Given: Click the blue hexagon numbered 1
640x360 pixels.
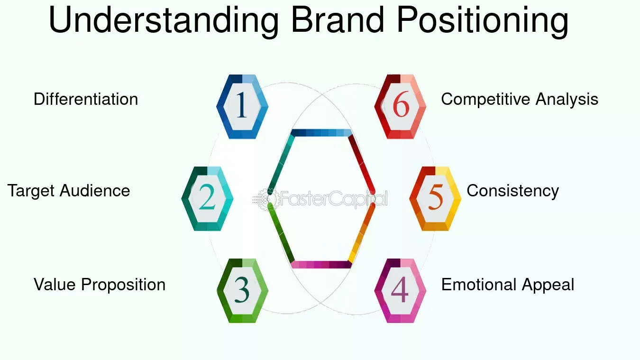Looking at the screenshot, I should click(x=242, y=106).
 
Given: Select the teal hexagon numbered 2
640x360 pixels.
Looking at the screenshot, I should click(x=207, y=199).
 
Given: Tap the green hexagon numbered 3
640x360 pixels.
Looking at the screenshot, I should click(x=242, y=291).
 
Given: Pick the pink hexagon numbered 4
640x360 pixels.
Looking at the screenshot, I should click(x=400, y=291).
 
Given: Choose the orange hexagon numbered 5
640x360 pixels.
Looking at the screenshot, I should click(x=435, y=199).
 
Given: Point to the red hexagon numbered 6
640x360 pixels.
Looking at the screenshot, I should click(x=400, y=106).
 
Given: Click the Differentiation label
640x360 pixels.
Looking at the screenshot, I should click(x=86, y=100).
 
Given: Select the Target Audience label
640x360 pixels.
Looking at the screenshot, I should click(x=69, y=191).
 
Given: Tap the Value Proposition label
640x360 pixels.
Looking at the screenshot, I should click(x=100, y=285).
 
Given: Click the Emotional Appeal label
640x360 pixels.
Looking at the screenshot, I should click(x=508, y=285).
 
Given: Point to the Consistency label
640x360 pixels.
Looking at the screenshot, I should click(x=512, y=191).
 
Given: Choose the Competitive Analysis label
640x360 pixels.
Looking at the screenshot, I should click(x=520, y=100).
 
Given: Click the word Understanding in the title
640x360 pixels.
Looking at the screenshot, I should click(x=164, y=20).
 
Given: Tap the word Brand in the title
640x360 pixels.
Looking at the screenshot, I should click(x=337, y=20).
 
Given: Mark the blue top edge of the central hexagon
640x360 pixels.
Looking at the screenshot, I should click(x=321, y=133).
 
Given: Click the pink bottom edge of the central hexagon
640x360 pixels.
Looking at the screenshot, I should click(x=321, y=265).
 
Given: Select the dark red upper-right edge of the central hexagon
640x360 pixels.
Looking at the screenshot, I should click(x=361, y=161).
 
